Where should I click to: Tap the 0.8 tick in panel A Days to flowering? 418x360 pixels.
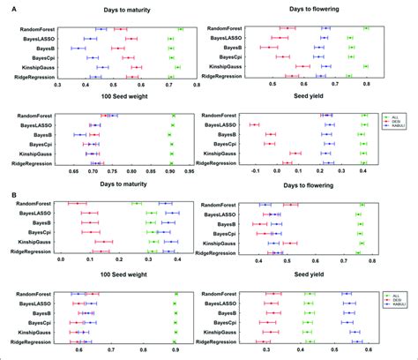click(x=366, y=86)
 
